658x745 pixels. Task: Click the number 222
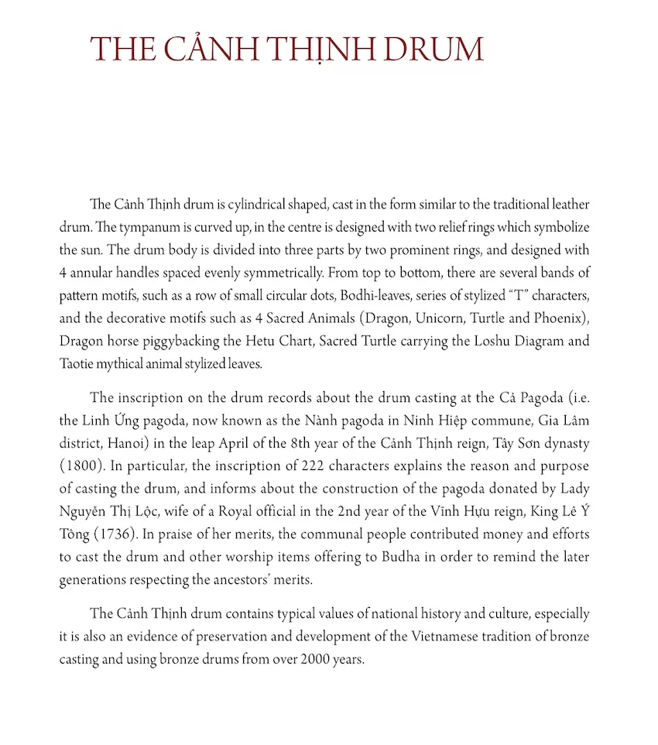click(286, 467)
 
